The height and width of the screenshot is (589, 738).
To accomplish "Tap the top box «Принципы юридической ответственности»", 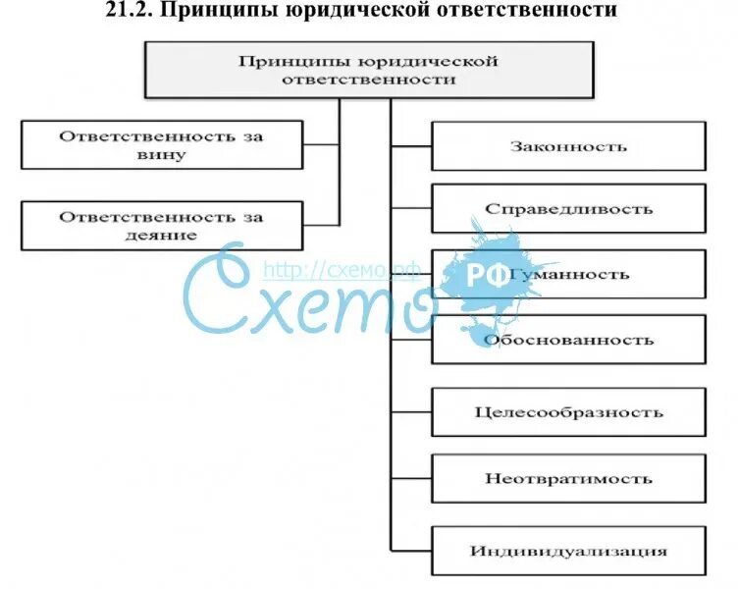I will point(369,70).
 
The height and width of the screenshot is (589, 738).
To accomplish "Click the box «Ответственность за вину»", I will point(162,144).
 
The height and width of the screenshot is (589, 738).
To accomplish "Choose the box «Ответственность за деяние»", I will point(162,225).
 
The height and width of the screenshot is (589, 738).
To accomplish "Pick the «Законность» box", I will point(568,146).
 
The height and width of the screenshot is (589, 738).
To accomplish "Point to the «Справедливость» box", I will point(568,209).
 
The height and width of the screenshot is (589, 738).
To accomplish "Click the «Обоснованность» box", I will point(568,340).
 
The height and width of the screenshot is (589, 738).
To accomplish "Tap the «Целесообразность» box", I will point(568,412).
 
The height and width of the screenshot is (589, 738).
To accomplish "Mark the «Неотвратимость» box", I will point(568,479).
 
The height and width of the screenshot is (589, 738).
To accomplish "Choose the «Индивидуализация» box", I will point(568,550).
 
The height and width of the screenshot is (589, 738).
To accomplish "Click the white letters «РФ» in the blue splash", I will point(487,276).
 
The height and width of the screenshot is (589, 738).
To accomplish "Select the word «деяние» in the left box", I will point(162,236).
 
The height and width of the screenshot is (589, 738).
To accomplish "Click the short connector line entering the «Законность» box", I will point(411,146).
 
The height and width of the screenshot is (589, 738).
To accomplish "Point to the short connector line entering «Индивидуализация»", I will point(411,550).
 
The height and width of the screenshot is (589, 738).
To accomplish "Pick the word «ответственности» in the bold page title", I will point(529,11).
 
